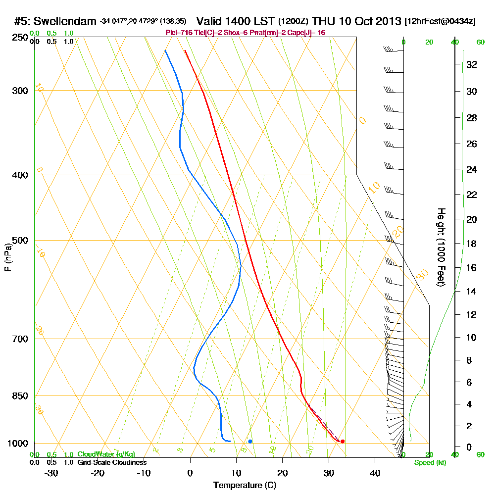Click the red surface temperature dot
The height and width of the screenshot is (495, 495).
[x=343, y=441]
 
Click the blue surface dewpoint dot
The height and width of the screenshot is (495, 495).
[x=250, y=441]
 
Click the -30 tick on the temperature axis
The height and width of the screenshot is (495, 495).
[x=51, y=473]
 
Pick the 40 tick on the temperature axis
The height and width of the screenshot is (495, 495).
[x=375, y=473]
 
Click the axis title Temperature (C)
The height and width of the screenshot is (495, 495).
[x=245, y=485]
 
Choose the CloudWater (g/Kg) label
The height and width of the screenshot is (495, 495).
[x=106, y=454]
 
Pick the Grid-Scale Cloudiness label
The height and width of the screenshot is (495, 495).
[x=112, y=462]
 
